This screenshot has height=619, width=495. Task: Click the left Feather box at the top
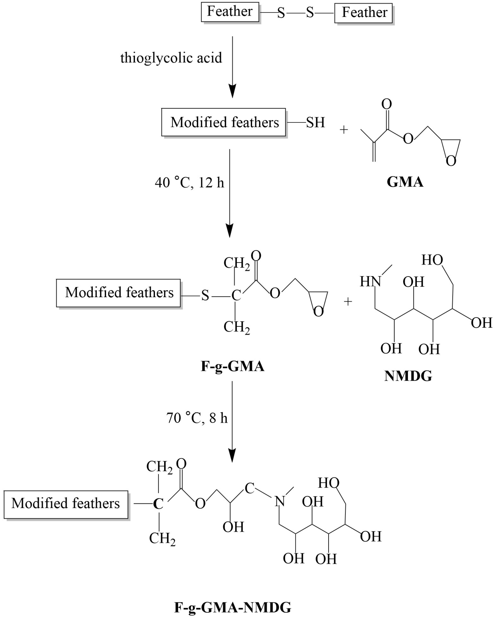pos(230,12)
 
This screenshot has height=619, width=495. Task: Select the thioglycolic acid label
pos(171,58)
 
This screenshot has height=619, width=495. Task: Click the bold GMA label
pos(405,182)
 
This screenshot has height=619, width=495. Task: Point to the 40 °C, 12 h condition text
pos(189,183)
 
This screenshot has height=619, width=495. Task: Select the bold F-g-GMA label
pos(232,366)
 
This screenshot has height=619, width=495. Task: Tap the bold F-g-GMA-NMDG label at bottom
pos(232,607)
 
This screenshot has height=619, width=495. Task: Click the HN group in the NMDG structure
pos(370,282)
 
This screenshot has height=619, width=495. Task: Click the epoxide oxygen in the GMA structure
pos(451,161)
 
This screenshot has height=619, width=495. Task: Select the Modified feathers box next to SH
pos(224,122)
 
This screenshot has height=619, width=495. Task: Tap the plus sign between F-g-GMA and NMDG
pos(348,301)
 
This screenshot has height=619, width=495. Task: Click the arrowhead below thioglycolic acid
pos(232,91)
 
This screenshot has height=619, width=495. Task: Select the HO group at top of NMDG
pos(432,260)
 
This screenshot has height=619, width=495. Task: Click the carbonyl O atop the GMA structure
pos(386,104)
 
